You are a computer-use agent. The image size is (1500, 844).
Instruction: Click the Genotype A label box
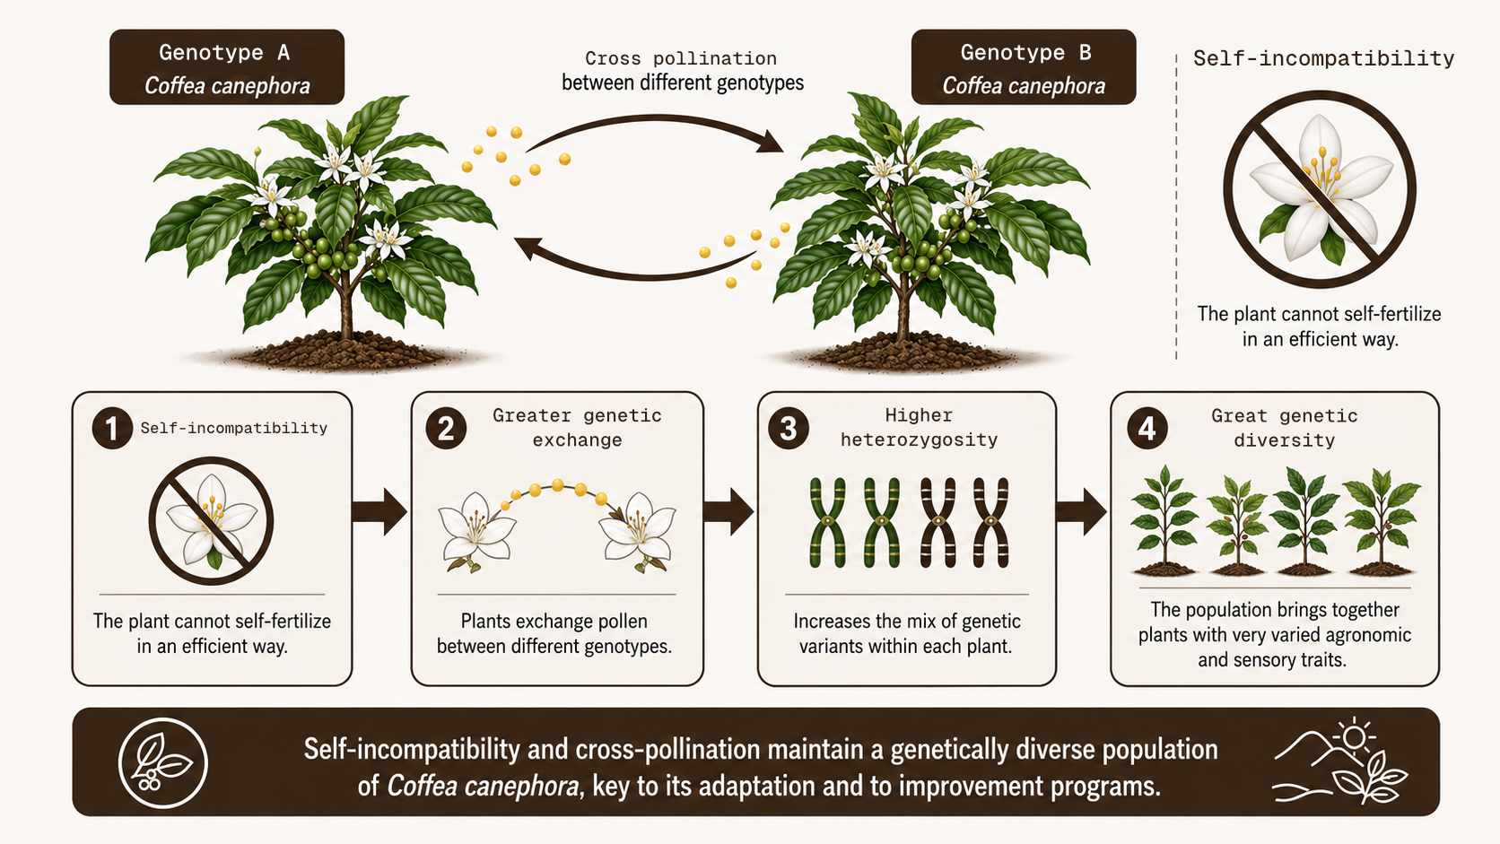(x=227, y=67)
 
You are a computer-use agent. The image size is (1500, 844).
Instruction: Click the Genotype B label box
(x=1024, y=67)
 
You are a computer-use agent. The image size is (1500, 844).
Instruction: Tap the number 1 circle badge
(x=112, y=429)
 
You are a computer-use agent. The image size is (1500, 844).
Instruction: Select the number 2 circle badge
(x=446, y=429)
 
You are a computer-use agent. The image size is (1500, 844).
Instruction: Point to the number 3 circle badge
(x=789, y=429)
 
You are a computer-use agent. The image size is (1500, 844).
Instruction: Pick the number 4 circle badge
(x=1147, y=429)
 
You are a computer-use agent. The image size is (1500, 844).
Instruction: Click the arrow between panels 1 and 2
(x=379, y=512)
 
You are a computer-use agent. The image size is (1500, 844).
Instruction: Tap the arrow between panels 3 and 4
(x=1081, y=512)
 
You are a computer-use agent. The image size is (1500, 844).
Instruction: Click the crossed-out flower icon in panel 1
(x=211, y=521)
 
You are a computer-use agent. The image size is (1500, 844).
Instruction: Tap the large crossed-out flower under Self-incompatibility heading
(x=1319, y=189)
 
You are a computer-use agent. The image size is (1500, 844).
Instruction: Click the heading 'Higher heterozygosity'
(x=919, y=428)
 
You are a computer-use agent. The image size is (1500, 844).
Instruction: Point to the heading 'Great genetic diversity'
(x=1285, y=429)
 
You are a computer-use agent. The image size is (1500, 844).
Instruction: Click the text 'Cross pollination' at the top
(x=681, y=59)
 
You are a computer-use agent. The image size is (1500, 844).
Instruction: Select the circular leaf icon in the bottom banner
(x=162, y=763)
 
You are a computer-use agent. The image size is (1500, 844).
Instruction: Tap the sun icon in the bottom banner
(x=1354, y=737)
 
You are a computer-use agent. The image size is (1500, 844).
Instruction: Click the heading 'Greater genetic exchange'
(x=577, y=428)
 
